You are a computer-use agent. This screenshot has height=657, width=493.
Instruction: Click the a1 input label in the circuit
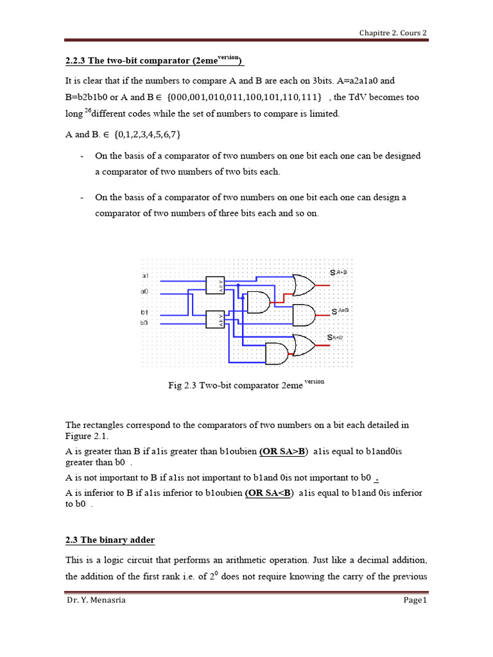click(144, 275)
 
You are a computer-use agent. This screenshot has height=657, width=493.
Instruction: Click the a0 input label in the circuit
click(144, 291)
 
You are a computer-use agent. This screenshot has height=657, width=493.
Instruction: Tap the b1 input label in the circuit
click(144, 312)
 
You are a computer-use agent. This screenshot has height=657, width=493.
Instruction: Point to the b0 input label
click(144, 323)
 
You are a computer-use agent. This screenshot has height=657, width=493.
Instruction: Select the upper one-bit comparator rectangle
click(215, 286)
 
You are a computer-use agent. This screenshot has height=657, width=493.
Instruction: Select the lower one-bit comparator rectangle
click(215, 319)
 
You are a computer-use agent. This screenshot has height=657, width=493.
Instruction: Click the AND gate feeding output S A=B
click(304, 314)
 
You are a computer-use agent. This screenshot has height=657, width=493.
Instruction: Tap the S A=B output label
click(340, 311)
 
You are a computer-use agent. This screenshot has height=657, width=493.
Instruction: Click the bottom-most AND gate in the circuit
click(277, 354)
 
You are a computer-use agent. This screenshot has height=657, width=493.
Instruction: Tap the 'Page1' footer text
click(415, 600)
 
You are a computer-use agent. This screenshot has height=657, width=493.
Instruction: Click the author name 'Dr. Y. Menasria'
click(94, 600)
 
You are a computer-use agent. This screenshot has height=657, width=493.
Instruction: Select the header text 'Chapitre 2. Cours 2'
click(392, 33)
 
